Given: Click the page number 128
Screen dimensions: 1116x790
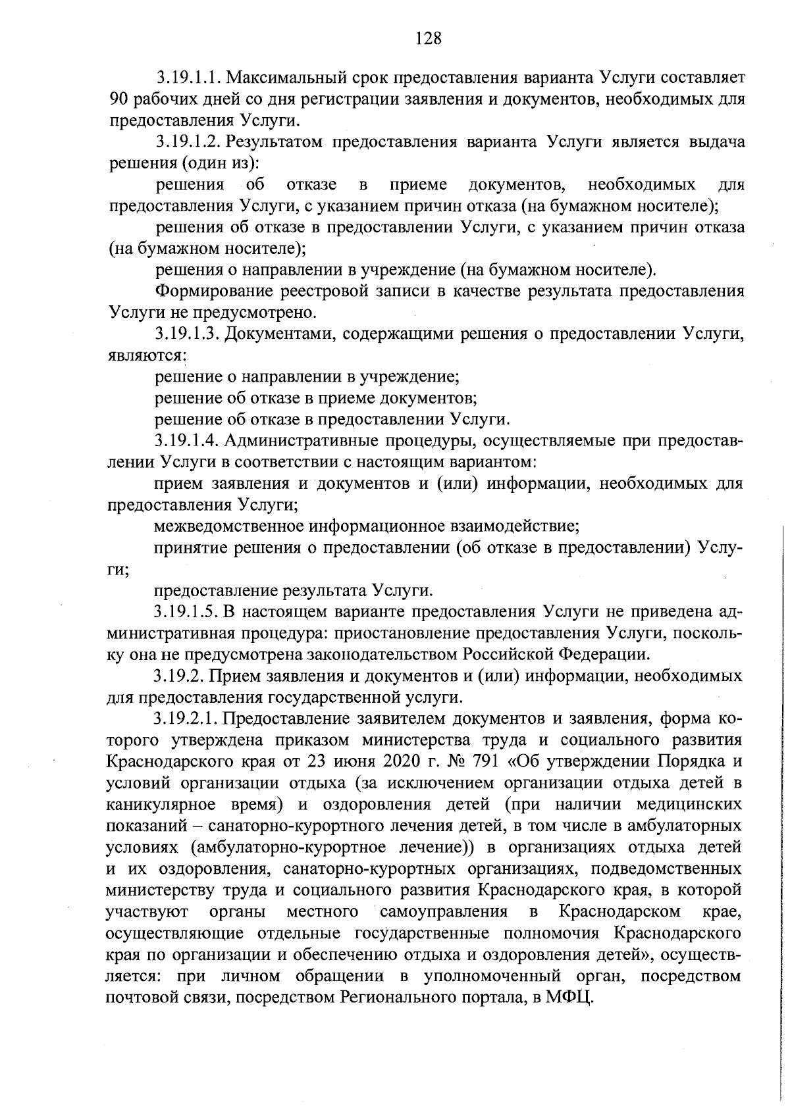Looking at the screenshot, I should tap(428, 38).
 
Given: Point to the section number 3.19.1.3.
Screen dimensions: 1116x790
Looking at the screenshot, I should tap(188, 334).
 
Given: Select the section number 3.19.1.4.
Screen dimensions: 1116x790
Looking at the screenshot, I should tap(188, 440).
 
